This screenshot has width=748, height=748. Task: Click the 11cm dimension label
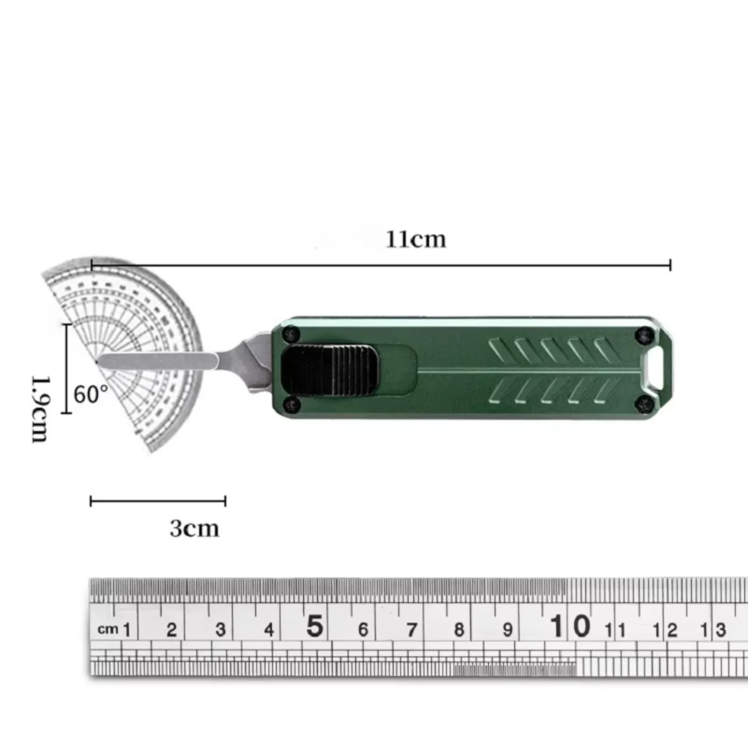click(x=415, y=240)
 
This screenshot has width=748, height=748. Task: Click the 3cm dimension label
click(x=194, y=528)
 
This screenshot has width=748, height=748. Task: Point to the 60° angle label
click(x=91, y=394)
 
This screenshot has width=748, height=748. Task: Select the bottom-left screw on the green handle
click(x=290, y=405)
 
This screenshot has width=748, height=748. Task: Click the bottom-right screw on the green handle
click(x=644, y=404)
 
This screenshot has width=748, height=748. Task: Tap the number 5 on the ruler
click(x=314, y=626)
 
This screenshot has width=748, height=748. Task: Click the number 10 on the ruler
click(x=570, y=626)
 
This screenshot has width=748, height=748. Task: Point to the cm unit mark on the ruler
click(x=108, y=629)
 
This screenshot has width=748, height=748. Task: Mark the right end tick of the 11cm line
click(x=670, y=265)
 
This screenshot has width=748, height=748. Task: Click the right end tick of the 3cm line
click(x=225, y=501)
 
